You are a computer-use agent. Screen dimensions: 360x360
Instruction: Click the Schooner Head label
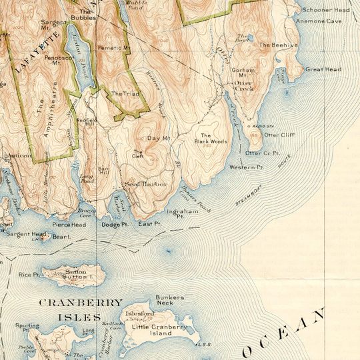click(x=325, y=11)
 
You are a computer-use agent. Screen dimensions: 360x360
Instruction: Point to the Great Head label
click(x=323, y=69)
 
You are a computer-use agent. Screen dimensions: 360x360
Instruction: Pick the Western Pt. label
click(x=246, y=167)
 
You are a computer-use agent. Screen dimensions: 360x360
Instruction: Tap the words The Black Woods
click(x=211, y=138)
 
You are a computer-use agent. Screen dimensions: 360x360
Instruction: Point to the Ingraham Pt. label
click(x=182, y=214)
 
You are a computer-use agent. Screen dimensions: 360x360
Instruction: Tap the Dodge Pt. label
click(x=115, y=225)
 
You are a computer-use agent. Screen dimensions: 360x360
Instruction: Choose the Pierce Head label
click(x=70, y=225)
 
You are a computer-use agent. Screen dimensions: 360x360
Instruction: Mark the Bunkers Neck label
click(x=170, y=301)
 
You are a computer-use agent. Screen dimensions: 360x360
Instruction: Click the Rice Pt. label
click(x=29, y=274)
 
